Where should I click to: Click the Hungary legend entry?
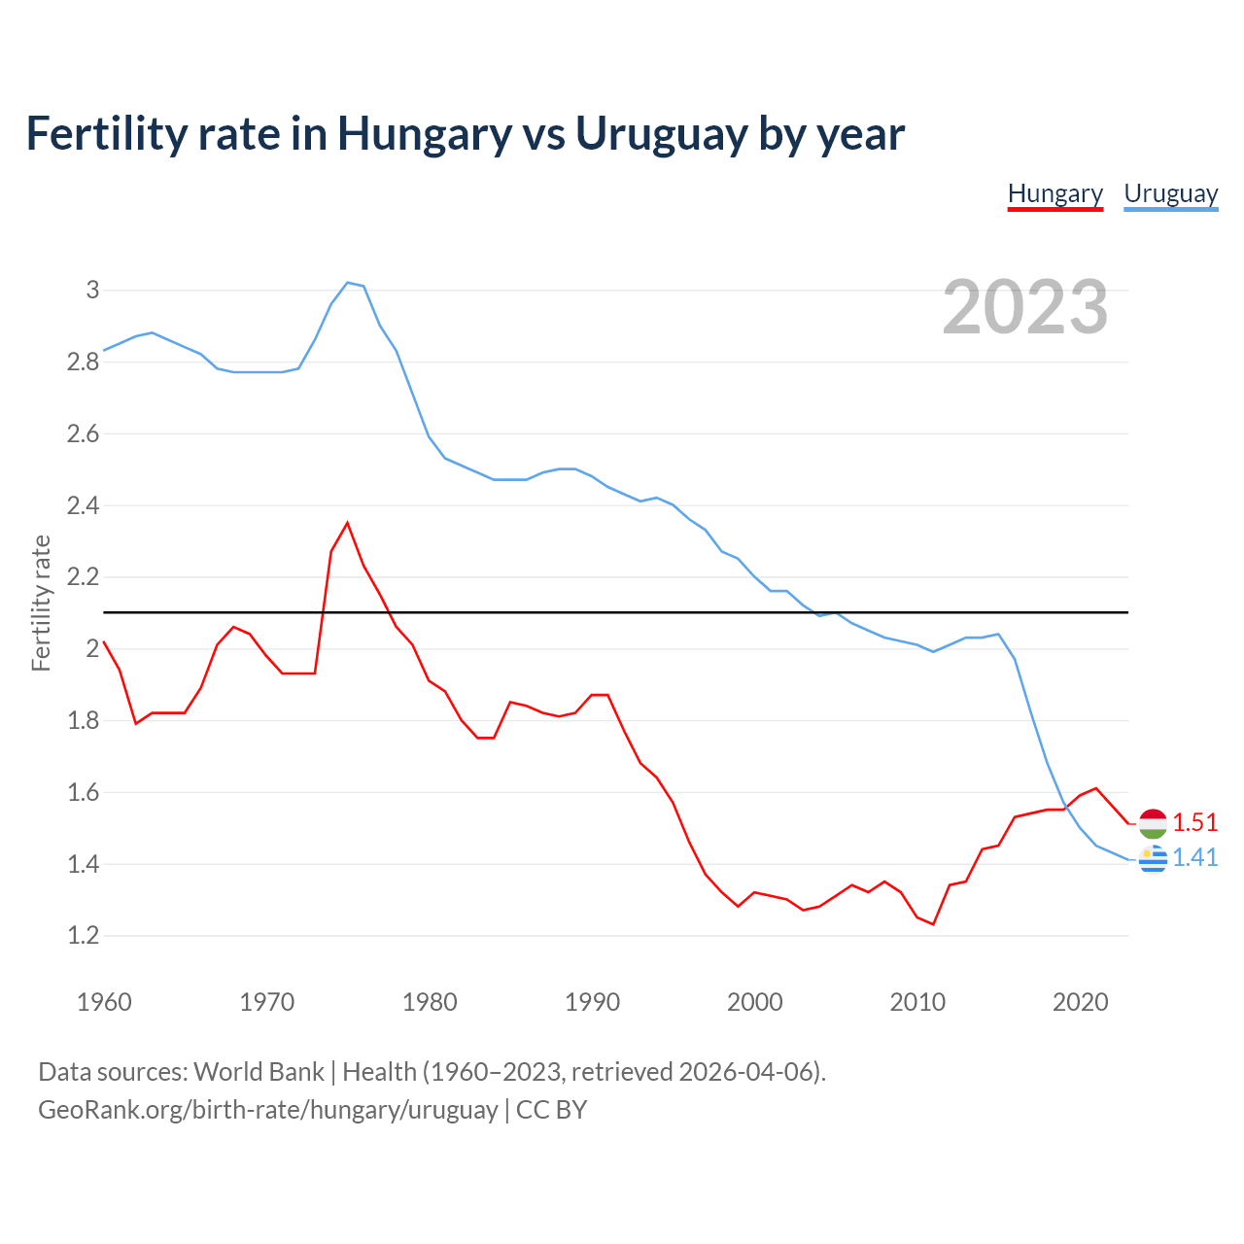(1054, 194)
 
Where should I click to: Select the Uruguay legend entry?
(1170, 194)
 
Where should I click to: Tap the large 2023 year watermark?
(1025, 307)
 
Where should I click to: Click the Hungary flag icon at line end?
(1153, 823)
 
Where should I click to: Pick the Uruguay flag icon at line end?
(1153, 858)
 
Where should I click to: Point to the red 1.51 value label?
(1194, 823)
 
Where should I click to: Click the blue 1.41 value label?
(1194, 858)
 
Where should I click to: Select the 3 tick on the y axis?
(93, 290)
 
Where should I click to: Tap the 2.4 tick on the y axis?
(84, 505)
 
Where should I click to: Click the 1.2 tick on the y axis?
(84, 936)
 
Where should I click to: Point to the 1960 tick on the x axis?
(104, 1002)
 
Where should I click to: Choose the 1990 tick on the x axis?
(592, 1002)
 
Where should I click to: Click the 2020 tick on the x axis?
(1080, 1002)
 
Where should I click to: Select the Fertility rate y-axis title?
(41, 603)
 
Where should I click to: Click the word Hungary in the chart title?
(424, 134)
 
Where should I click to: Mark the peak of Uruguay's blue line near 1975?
(348, 283)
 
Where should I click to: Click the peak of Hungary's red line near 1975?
(347, 523)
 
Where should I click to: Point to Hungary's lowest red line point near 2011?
(933, 924)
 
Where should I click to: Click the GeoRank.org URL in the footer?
(267, 1110)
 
